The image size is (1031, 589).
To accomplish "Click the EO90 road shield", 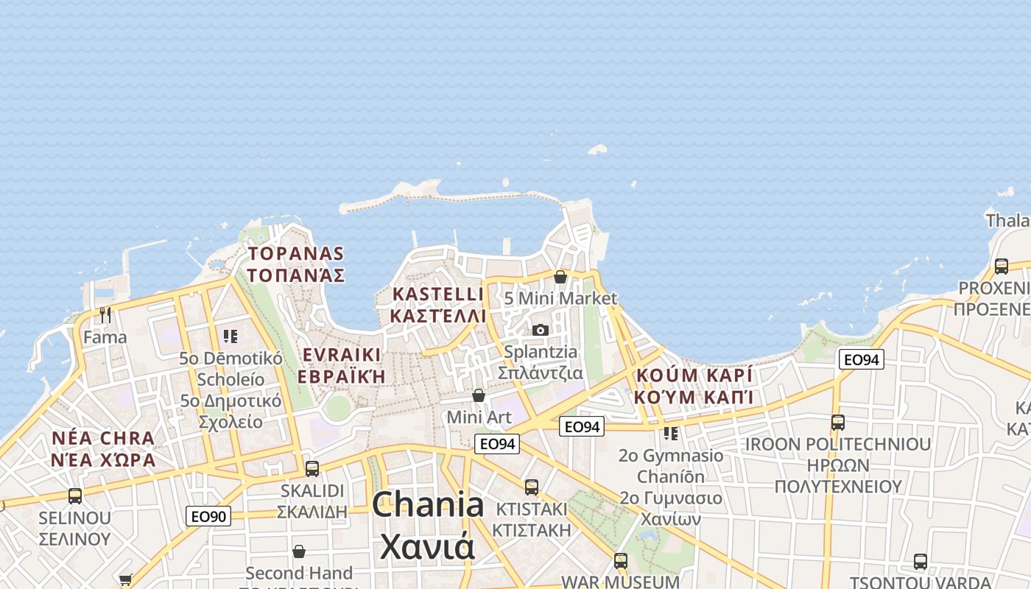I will coord(208,516).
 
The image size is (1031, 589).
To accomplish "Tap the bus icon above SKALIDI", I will coord(312,468).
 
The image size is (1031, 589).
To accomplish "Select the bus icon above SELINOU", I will coord(75,495).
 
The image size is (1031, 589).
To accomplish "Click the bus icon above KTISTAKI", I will coord(532,487).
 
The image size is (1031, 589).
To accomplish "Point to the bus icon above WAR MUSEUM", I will coord(621,560).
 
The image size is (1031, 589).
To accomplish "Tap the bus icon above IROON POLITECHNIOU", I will coord(837,423).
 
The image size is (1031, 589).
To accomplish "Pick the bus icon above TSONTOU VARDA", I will coord(921,562).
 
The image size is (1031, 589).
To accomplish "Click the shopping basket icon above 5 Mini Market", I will coord(560,277).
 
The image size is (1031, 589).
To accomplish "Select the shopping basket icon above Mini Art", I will coord(479,395).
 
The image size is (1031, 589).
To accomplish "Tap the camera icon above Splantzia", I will coord(541,330).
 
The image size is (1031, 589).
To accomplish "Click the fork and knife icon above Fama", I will coord(105,315).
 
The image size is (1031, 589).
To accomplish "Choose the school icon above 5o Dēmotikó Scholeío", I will coord(231,336).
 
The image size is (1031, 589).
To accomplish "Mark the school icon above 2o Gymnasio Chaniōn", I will coord(670,433).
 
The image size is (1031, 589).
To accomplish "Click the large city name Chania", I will coord(428,505).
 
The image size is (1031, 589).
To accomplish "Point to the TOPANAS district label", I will coord(296,254).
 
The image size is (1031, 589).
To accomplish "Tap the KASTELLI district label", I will coord(438,294).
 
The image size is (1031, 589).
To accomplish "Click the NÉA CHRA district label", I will coord(104,439).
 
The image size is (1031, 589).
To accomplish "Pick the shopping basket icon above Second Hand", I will coord(299,551).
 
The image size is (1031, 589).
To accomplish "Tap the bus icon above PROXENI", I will coord(1001,266).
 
